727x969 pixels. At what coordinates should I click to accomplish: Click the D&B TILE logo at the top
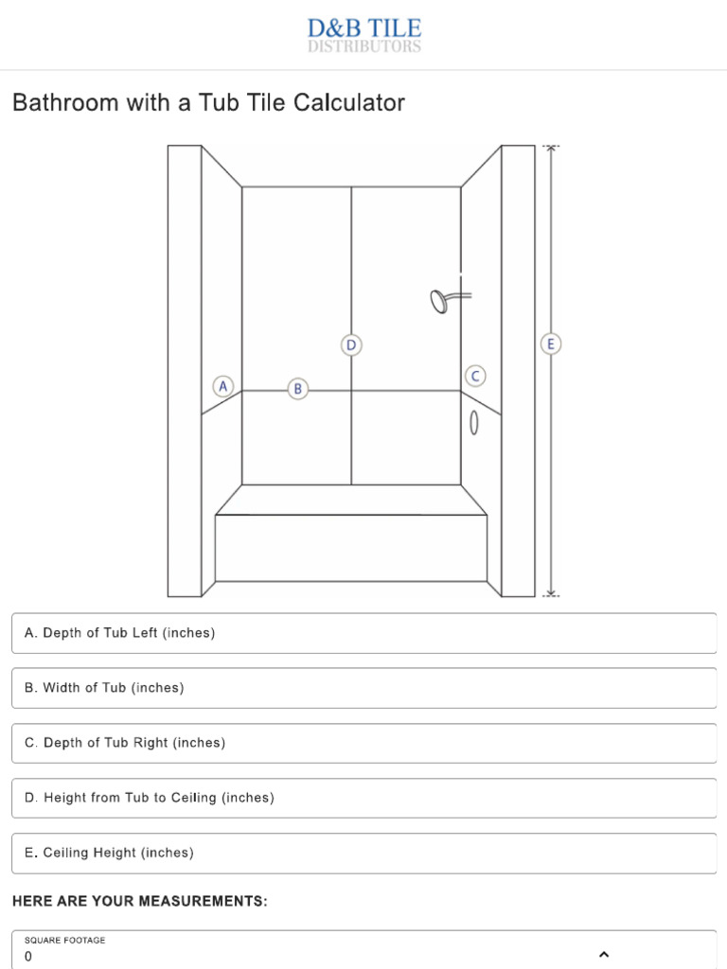[364, 35]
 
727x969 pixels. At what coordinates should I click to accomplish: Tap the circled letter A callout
[223, 386]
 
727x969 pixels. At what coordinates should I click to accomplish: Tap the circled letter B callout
[297, 388]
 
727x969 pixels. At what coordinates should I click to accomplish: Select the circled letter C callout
[475, 376]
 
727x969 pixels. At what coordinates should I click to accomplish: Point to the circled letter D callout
[351, 345]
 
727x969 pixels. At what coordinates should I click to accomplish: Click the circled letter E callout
[551, 344]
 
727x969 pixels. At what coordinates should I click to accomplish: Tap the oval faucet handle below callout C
[474, 425]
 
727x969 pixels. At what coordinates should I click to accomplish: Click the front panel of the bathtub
[351, 549]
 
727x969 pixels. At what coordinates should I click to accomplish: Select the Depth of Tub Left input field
[363, 633]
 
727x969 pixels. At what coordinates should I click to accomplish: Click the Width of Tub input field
[363, 688]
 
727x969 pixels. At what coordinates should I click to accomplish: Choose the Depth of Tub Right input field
[363, 743]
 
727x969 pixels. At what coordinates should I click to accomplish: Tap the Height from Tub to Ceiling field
[363, 798]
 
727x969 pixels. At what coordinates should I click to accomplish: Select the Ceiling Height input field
[363, 853]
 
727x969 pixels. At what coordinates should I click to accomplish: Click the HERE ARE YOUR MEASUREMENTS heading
[140, 902]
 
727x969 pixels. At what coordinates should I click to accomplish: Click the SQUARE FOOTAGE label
[65, 941]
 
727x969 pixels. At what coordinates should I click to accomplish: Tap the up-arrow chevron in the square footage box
[604, 954]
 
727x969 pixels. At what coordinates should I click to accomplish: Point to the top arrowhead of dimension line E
[551, 149]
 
